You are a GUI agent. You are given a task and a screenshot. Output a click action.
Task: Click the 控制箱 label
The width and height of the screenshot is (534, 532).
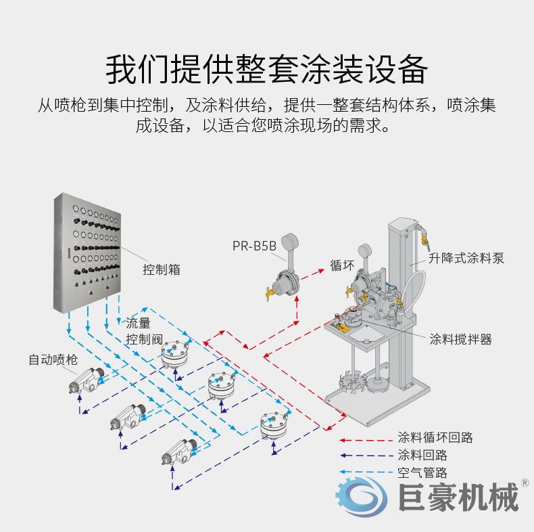(x=161, y=269)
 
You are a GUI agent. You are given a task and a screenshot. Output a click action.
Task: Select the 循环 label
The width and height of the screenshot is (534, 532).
(x=342, y=265)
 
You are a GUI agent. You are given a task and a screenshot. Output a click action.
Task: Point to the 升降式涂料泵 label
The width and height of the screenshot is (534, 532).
(x=466, y=258)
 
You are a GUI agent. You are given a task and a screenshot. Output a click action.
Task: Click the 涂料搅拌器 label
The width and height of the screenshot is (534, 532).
(x=460, y=339)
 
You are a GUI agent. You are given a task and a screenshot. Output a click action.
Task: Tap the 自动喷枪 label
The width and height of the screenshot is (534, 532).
(x=53, y=359)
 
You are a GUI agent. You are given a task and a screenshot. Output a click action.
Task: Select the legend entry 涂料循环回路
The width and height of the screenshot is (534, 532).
(x=435, y=437)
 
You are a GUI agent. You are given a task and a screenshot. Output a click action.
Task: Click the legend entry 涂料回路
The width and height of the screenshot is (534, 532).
(x=422, y=455)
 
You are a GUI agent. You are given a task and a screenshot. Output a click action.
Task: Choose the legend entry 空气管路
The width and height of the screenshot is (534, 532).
(x=422, y=472)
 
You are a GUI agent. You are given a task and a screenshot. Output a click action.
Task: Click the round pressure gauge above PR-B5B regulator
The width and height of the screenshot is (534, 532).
(x=289, y=242)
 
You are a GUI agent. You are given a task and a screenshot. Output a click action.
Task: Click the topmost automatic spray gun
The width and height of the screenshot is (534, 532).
(x=86, y=380)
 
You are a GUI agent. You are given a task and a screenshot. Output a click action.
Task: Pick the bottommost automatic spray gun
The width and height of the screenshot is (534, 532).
(x=178, y=452)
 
